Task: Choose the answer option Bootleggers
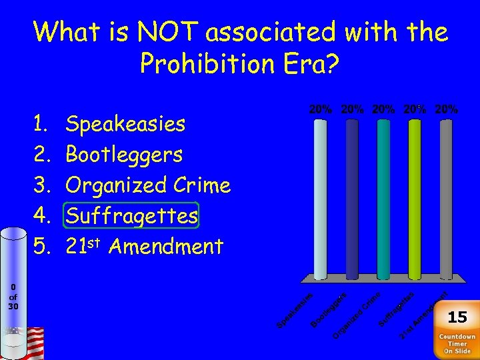point(124,155)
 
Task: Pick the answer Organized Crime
point(148,185)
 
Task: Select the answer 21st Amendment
point(144,247)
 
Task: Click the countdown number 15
point(457,317)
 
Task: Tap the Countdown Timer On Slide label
point(457,343)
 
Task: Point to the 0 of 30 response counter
point(13,297)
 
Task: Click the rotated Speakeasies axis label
point(295,311)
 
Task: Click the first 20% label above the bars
point(321,109)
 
